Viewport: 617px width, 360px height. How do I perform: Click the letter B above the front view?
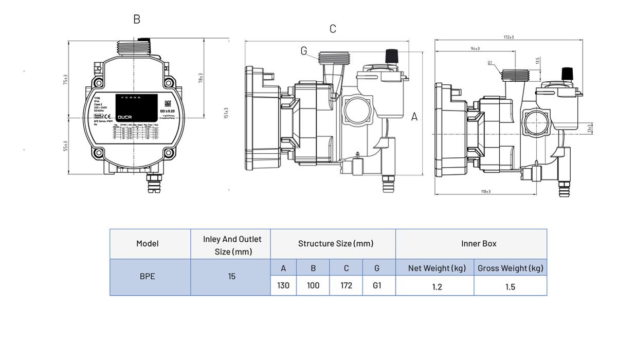pyautogui.click(x=137, y=19)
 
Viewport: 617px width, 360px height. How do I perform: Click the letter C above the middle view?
pyautogui.click(x=333, y=29)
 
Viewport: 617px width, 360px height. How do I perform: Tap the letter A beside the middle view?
pyautogui.click(x=414, y=117)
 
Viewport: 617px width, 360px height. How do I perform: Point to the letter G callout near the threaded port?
pyautogui.click(x=304, y=51)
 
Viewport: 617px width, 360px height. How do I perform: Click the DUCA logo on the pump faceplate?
pyautogui.click(x=125, y=117)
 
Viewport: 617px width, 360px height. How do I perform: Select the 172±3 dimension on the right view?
pyautogui.click(x=509, y=37)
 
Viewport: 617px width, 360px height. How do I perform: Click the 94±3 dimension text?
pyautogui.click(x=475, y=48)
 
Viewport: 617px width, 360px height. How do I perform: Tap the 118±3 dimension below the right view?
pyautogui.click(x=485, y=191)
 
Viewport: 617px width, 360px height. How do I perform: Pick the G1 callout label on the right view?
pyautogui.click(x=490, y=63)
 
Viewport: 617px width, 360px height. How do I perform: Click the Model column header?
pyautogui.click(x=148, y=243)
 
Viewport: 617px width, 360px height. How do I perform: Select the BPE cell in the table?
pyautogui.click(x=148, y=276)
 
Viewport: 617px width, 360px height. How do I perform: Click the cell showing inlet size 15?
pyautogui.click(x=231, y=276)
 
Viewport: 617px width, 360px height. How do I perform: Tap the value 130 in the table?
pyautogui.click(x=283, y=285)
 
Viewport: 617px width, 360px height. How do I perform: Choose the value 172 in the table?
pyautogui.click(x=346, y=285)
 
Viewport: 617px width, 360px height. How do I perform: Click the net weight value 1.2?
pyautogui.click(x=437, y=286)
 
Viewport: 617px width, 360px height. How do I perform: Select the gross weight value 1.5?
pyautogui.click(x=510, y=286)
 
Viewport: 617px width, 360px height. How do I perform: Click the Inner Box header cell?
pyautogui.click(x=478, y=243)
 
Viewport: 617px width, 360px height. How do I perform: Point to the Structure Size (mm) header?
pyautogui.click(x=335, y=243)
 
